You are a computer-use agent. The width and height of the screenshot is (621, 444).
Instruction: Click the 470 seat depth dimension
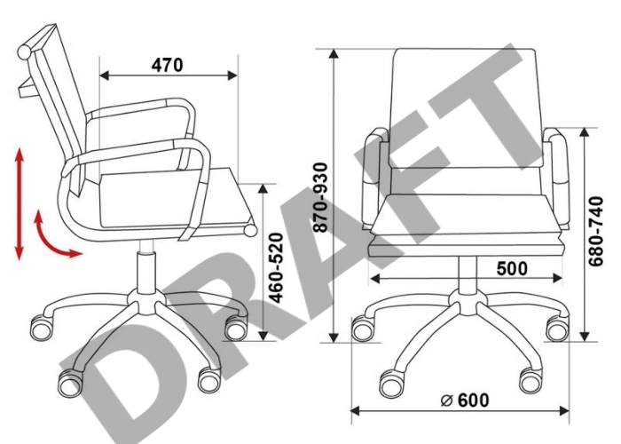pyautogui.click(x=167, y=65)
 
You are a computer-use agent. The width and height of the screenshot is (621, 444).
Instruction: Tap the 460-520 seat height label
pyautogui.click(x=276, y=268)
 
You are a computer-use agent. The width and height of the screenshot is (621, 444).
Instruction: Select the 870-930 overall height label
pyautogui.click(x=320, y=197)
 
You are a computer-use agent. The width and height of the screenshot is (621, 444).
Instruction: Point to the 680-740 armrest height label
pyautogui.click(x=595, y=231)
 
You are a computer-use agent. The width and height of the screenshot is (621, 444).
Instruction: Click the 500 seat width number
pyautogui.click(x=512, y=268)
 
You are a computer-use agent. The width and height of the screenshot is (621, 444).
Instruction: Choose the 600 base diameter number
pyautogui.click(x=473, y=400)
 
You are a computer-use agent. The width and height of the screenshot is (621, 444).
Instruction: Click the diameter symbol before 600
pyautogui.click(x=446, y=400)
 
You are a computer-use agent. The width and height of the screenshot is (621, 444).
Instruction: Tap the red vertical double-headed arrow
pyautogui.click(x=20, y=204)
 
